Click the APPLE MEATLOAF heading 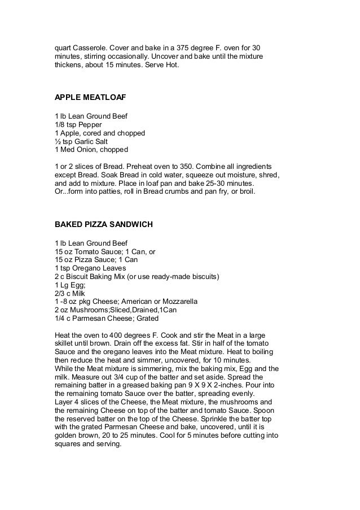(x=90, y=97)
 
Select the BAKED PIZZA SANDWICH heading (x=103, y=224)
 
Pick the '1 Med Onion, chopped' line (x=91, y=150)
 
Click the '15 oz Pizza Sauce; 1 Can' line (x=95, y=260)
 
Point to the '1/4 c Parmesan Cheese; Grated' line (x=104, y=319)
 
